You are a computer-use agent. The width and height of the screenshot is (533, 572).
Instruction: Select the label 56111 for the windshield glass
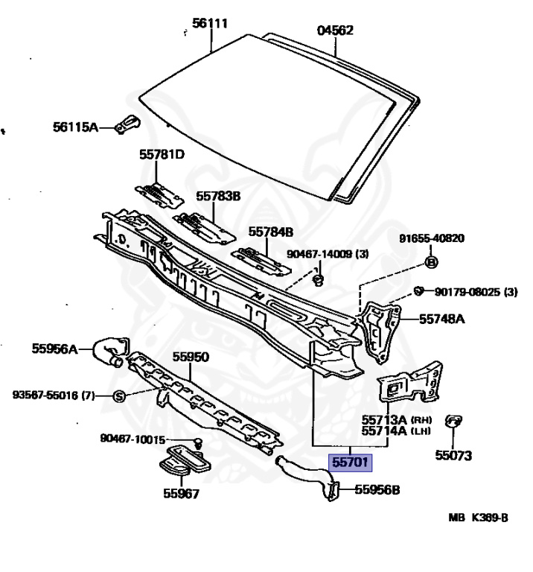click(210, 24)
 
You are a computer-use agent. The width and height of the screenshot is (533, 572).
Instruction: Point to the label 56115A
click(75, 127)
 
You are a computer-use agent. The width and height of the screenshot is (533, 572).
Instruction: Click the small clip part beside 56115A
click(130, 123)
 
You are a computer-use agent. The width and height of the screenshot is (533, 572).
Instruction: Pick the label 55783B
click(218, 196)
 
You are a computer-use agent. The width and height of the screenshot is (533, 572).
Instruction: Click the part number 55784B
click(271, 232)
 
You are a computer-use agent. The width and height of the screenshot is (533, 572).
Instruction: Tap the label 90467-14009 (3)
click(328, 253)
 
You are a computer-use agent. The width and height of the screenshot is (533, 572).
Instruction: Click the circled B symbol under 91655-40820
click(431, 262)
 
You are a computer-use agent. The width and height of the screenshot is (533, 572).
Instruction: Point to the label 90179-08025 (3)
click(476, 291)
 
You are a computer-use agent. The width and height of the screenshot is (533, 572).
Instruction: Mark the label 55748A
click(441, 319)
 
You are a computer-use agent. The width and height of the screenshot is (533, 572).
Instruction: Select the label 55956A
click(54, 347)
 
